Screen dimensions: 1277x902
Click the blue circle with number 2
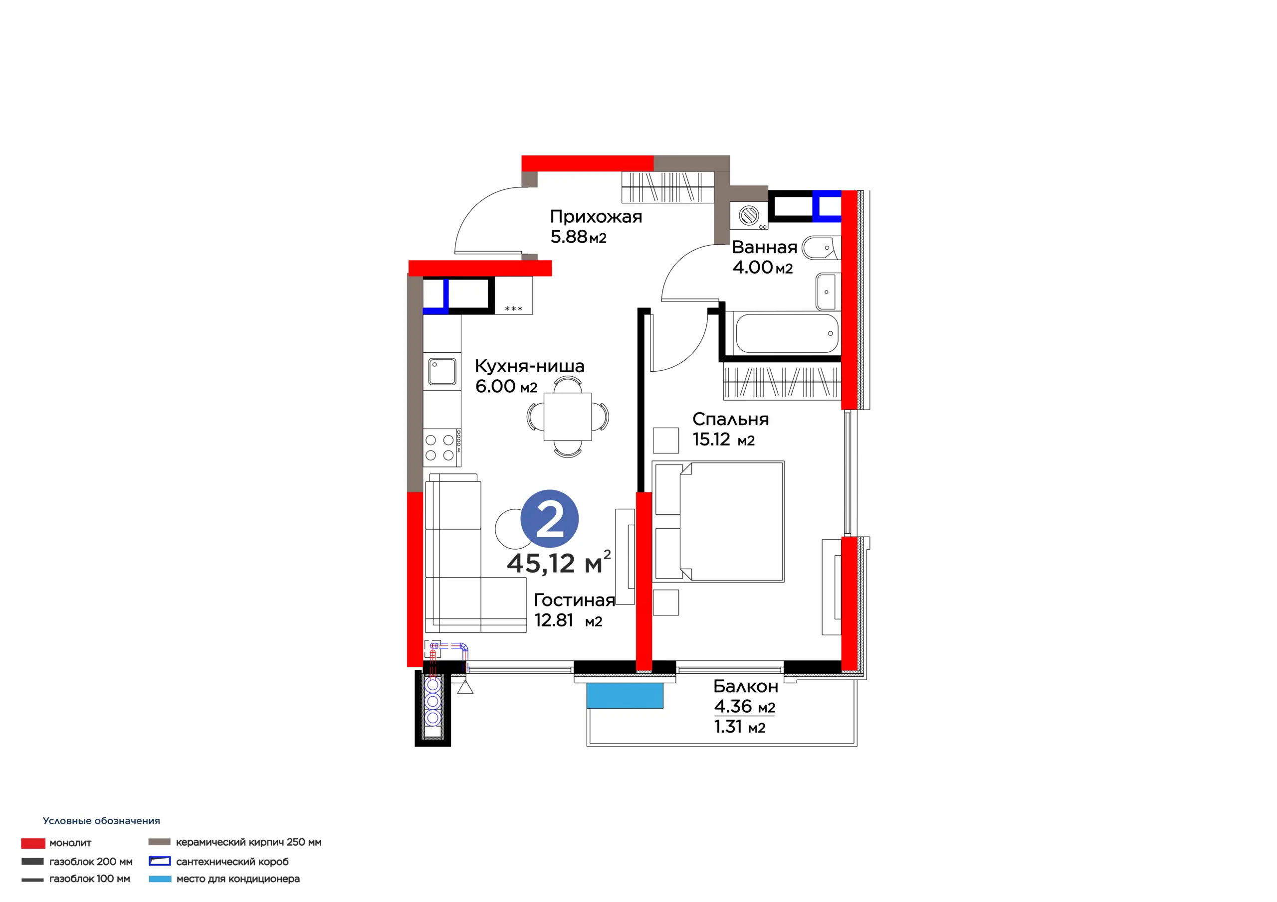coord(550,518)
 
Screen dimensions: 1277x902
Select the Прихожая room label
coord(596,216)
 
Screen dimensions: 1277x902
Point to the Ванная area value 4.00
coord(753,267)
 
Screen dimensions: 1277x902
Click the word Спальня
coord(730,419)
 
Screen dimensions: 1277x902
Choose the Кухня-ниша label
coord(529,366)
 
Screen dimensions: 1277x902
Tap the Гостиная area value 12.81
coord(553,619)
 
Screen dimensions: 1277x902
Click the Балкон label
coord(746,686)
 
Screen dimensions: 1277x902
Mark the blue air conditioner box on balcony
coord(625,695)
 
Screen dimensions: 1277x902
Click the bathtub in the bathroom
coord(787,333)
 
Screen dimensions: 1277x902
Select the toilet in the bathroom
coord(821,249)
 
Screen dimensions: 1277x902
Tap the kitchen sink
coord(442,371)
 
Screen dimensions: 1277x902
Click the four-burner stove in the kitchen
coord(442,448)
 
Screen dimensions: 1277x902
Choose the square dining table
coord(567,416)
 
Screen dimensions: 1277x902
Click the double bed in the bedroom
coord(718,521)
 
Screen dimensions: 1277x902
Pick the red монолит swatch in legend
coord(33,843)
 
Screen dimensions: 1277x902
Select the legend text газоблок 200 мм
coord(91,862)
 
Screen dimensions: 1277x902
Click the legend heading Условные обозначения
coord(101,821)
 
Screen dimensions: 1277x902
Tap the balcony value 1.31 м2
coord(740,727)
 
